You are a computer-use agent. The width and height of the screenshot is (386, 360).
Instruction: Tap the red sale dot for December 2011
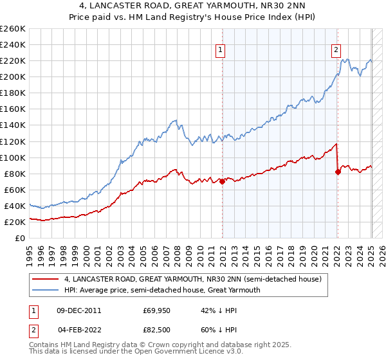tap(222, 181)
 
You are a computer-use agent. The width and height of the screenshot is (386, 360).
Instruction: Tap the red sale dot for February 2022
tap(338, 171)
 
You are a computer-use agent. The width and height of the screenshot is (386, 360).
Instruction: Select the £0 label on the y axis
tap(19, 238)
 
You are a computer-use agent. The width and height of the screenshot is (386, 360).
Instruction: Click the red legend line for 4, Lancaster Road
tap(46, 279)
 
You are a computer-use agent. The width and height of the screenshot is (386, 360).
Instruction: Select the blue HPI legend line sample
tap(46, 290)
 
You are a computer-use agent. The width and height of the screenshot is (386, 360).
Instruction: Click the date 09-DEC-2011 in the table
tap(79, 310)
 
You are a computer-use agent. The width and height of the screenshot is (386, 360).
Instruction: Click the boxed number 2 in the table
tap(33, 330)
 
